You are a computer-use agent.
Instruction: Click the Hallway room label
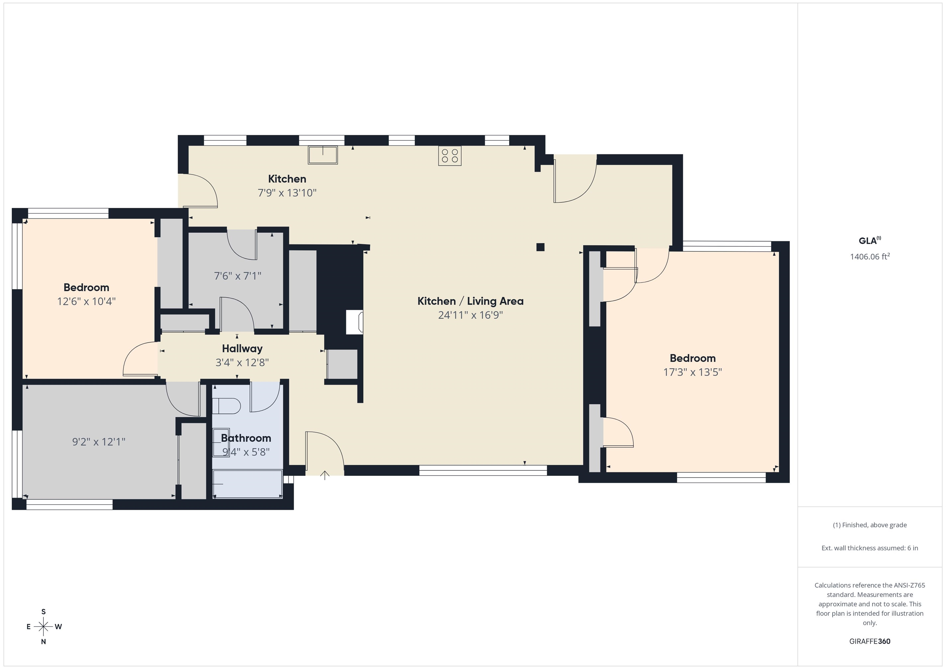point(242,349)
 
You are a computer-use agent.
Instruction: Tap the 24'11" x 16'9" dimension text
point(471,315)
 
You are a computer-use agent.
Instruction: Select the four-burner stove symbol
point(450,156)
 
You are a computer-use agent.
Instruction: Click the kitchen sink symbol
point(323,155)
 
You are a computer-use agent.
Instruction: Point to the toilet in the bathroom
point(226,406)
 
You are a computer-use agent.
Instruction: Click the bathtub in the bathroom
point(247,484)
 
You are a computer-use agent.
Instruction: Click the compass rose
point(43,627)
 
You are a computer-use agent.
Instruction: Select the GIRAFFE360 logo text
point(870,641)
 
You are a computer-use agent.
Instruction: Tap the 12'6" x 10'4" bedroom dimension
point(86,301)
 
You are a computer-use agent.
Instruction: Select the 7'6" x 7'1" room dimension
point(238,276)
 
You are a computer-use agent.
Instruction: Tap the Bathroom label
point(246,438)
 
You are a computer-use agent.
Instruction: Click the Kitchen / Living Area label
point(471,301)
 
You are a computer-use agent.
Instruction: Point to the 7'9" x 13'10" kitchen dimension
point(287,193)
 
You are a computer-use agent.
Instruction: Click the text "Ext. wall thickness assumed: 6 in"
point(870,548)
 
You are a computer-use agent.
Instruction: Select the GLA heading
point(870,240)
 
